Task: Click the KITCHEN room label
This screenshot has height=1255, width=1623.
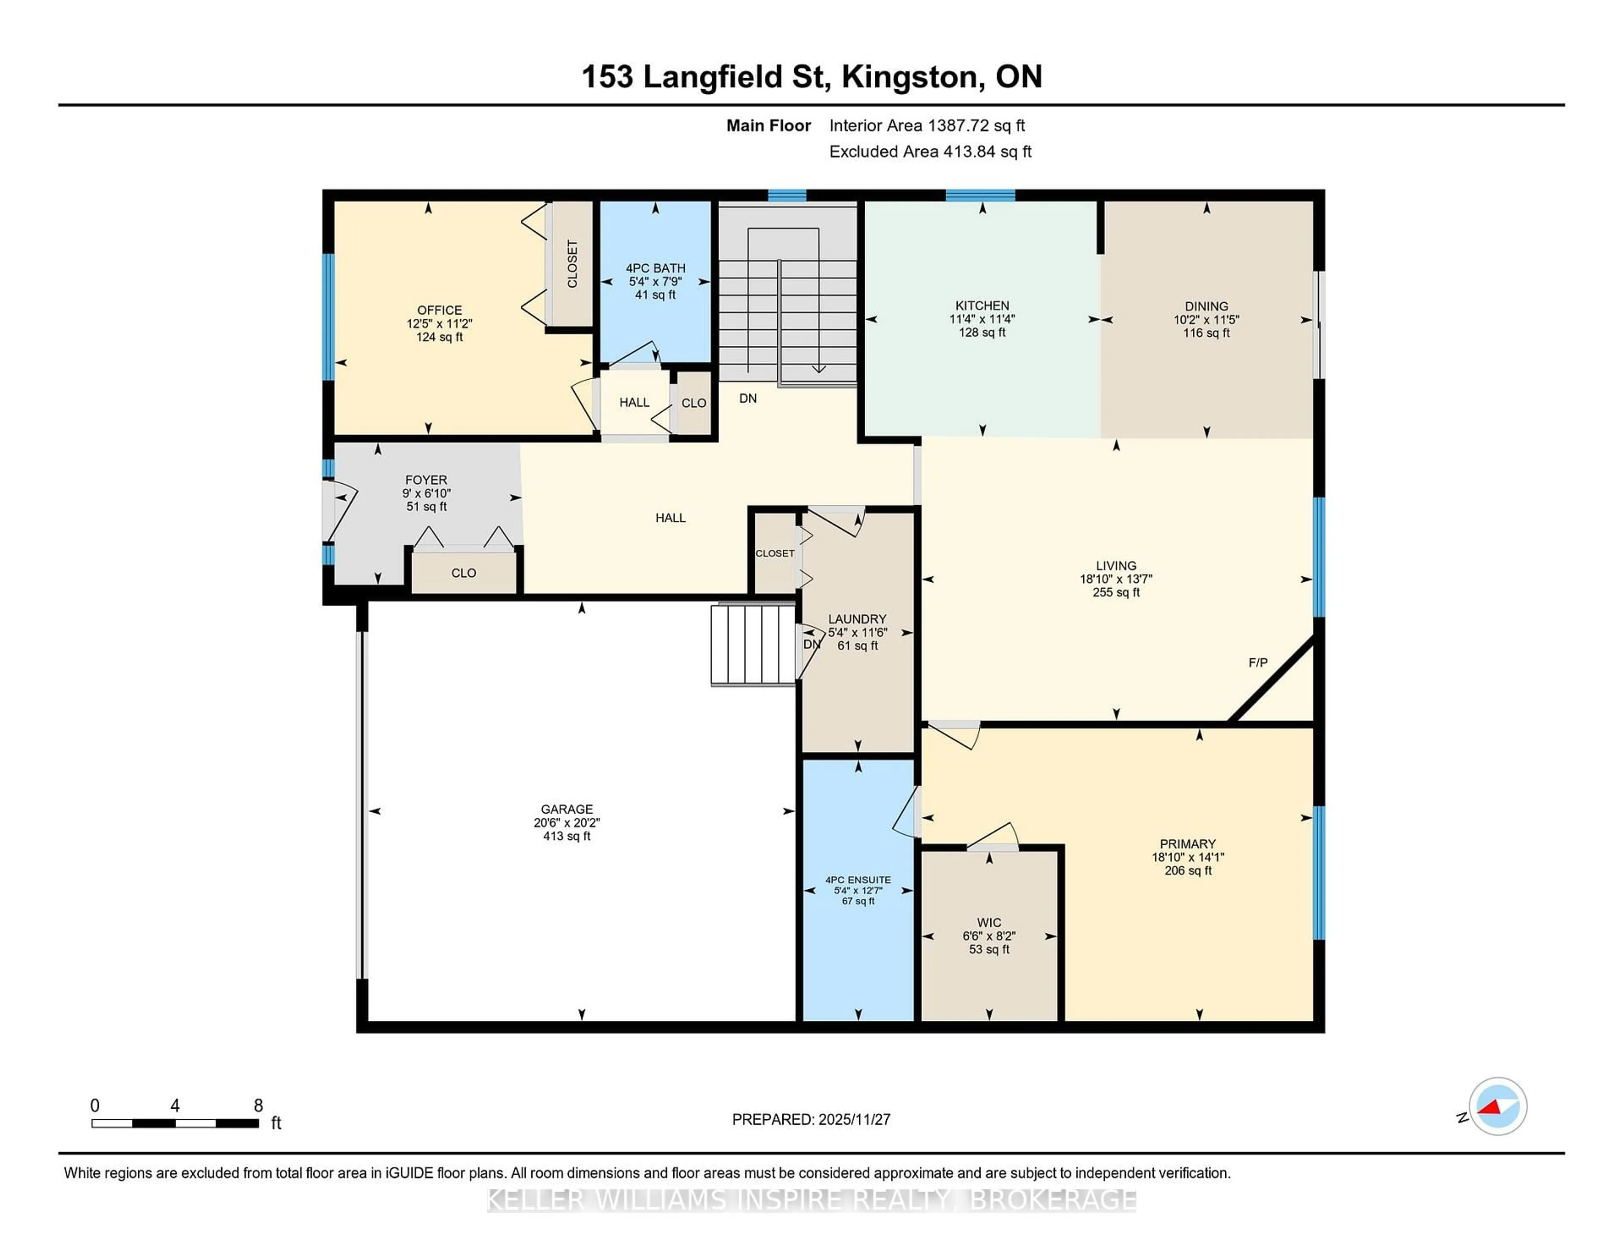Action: coord(982,306)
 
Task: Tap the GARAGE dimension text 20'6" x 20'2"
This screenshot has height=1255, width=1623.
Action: coord(566,822)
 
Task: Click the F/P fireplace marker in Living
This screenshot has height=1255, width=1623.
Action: coord(1257,663)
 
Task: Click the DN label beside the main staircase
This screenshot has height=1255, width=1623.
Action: coord(748,398)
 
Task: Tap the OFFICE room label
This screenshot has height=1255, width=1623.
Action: coord(439,310)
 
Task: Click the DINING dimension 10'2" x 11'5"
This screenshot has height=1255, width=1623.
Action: coord(1206,320)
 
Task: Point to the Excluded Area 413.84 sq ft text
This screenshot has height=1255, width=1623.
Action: coord(930,152)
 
